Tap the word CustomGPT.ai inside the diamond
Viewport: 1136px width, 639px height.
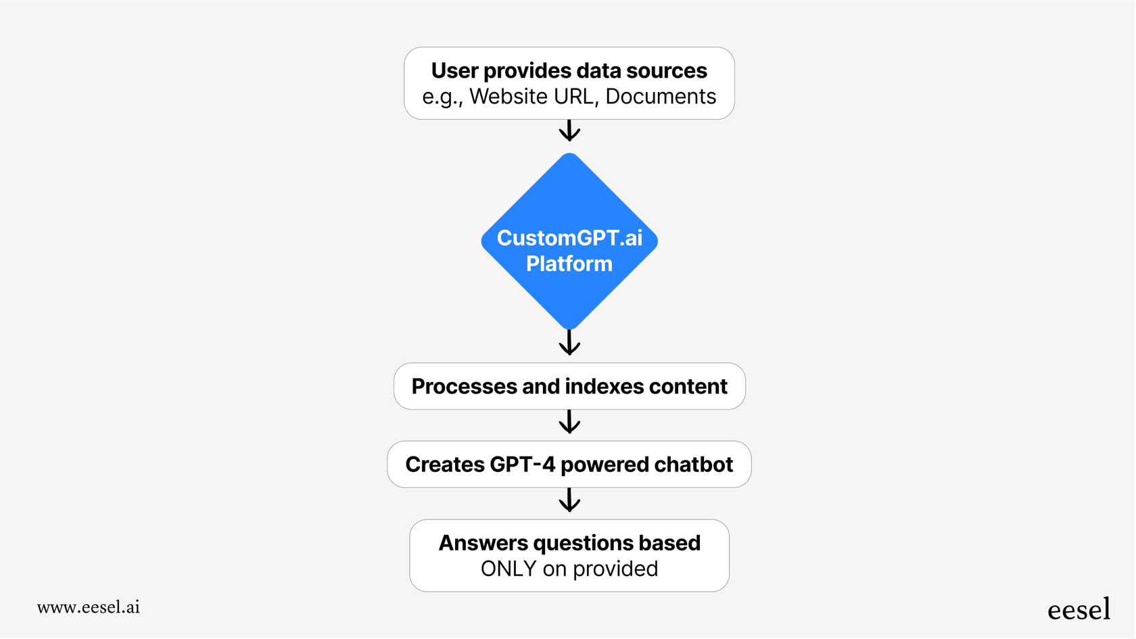569,238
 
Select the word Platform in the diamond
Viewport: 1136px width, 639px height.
569,264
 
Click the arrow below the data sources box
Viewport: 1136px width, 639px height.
569,131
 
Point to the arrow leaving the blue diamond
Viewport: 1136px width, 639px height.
569,343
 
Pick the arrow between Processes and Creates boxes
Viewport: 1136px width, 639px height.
569,423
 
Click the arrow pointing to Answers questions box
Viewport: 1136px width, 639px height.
569,501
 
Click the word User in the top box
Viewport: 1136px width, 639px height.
454,71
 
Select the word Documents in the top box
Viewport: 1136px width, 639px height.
661,97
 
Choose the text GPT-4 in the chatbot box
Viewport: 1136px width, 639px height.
522,465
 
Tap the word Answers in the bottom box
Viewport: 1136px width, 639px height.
483,544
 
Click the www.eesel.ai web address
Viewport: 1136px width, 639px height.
89,607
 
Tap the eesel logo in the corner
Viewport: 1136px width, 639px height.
1079,610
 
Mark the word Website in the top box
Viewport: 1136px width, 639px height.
508,97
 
